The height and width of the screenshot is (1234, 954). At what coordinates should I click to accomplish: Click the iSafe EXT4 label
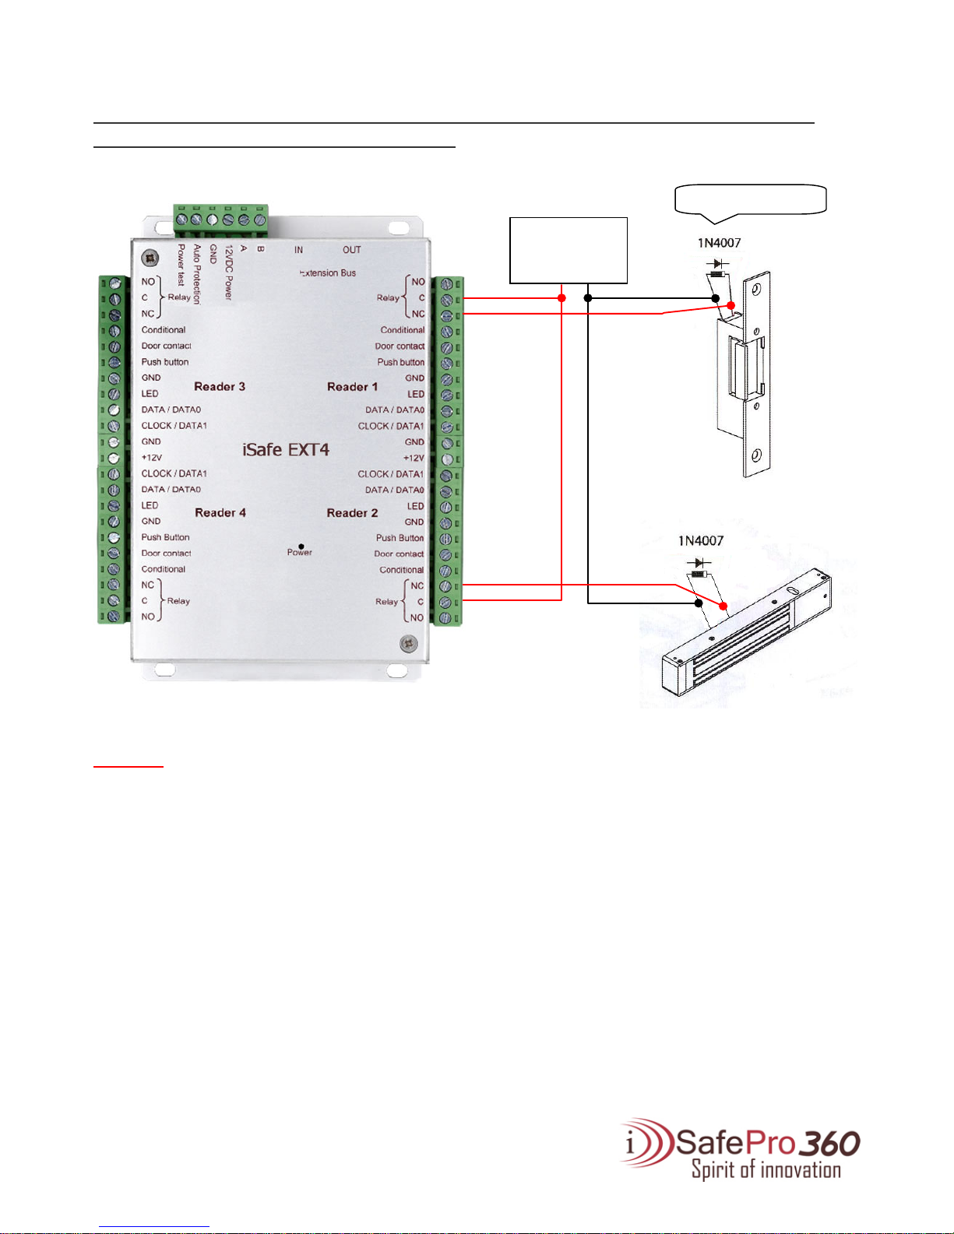285,450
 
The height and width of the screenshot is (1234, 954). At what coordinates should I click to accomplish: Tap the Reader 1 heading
352,387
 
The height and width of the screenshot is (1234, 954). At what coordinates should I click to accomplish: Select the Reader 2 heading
352,513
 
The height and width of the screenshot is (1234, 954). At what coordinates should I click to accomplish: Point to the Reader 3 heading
220,387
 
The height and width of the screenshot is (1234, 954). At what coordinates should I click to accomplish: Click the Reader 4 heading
220,513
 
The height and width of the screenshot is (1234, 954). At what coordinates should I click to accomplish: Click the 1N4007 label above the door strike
719,243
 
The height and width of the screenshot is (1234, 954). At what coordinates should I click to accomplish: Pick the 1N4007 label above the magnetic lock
700,541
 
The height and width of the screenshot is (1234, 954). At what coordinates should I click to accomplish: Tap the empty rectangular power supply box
568,250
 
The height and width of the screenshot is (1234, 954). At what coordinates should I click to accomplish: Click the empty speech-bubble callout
750,199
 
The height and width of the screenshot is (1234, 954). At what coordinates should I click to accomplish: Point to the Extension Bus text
328,273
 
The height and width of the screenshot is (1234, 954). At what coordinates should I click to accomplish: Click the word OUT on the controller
352,250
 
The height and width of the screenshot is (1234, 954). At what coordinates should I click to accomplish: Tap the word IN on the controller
298,250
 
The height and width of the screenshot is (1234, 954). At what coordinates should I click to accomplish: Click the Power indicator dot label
300,551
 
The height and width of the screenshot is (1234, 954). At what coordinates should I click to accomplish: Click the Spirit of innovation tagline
766,1170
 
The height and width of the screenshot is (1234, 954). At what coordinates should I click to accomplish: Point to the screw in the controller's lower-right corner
408,644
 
